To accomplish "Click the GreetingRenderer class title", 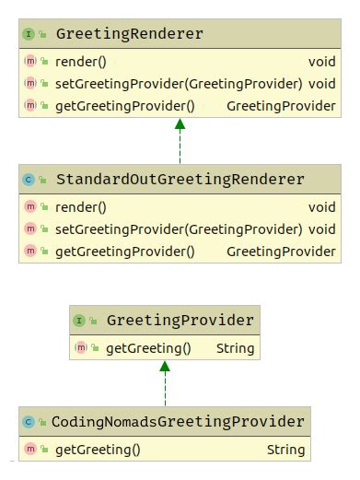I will pyautogui.click(x=129, y=35).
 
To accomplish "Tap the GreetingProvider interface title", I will pyautogui.click(x=180, y=321).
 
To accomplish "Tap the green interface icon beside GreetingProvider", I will pyautogui.click(x=78, y=321).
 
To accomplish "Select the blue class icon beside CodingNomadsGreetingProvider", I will pyautogui.click(x=28, y=422).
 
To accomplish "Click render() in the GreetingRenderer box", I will pyautogui.click(x=81, y=63).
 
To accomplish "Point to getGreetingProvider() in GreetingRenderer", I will pyautogui.click(x=125, y=105).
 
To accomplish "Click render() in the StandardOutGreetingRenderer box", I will pyautogui.click(x=81, y=207).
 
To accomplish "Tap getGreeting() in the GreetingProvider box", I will pyautogui.click(x=148, y=348).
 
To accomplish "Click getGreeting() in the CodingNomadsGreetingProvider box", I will pyautogui.click(x=98, y=450).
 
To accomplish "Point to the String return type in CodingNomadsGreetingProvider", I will pyautogui.click(x=285, y=450).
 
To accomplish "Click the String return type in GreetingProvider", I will pyautogui.click(x=235, y=348).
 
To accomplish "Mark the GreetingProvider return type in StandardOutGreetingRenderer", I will pyautogui.click(x=281, y=251).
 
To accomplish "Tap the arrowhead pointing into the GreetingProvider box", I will pyautogui.click(x=166, y=367).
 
